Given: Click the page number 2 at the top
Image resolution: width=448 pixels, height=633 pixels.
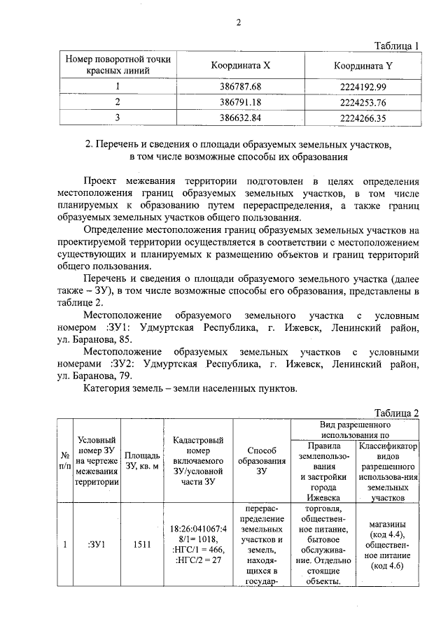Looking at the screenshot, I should (237, 21).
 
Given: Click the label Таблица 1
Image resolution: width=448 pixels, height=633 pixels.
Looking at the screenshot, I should (396, 45).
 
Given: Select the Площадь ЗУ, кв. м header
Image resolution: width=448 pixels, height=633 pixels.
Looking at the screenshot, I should (141, 461).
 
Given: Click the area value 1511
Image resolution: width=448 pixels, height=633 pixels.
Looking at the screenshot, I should (142, 545).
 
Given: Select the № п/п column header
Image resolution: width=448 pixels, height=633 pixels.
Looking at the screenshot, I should (65, 460).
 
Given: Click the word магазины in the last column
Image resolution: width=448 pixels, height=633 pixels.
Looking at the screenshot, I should (387, 525).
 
